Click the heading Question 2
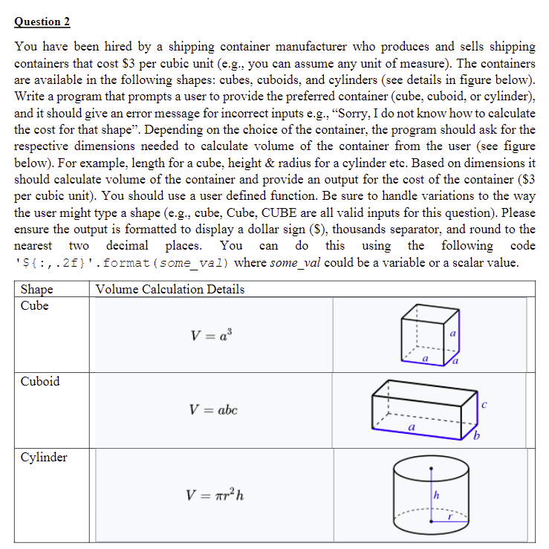tap(42, 22)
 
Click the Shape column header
tap(37, 289)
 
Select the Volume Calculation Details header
tap(170, 289)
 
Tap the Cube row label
tap(35, 305)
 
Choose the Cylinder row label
tap(44, 457)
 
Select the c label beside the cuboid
tap(485, 404)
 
